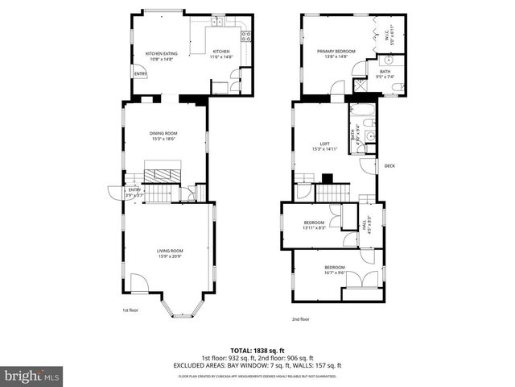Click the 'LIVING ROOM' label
click(x=170, y=251)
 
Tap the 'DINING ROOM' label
click(x=165, y=133)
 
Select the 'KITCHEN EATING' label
click(x=161, y=54)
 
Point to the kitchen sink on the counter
click(x=216, y=31)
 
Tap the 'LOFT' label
click(x=326, y=143)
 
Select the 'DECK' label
click(x=389, y=166)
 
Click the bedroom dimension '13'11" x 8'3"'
click(x=314, y=228)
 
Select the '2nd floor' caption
click(x=300, y=318)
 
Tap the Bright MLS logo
click(x=31, y=376)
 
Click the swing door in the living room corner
click(x=138, y=283)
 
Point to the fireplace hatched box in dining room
click(x=165, y=172)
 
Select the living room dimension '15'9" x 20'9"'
click(x=170, y=256)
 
